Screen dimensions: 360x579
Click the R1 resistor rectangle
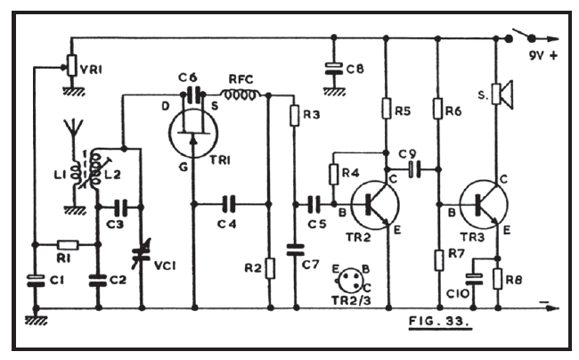point(66,243)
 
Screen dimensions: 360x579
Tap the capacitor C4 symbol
point(230,203)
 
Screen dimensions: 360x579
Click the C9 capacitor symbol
point(412,166)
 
